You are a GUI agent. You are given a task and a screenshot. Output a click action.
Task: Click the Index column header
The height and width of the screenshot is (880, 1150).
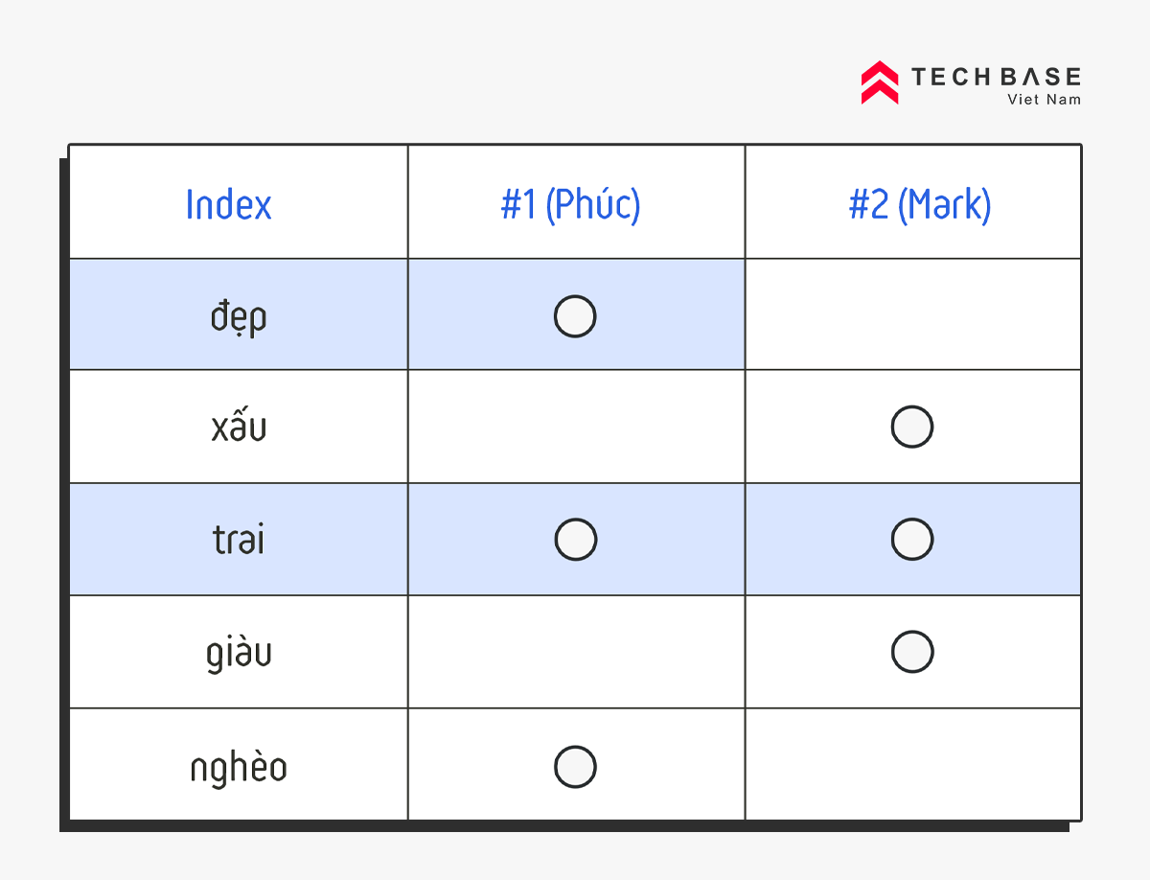228,204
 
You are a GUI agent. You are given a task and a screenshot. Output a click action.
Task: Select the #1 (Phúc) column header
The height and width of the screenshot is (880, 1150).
570,204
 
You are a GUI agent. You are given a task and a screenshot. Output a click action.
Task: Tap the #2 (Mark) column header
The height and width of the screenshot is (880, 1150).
920,204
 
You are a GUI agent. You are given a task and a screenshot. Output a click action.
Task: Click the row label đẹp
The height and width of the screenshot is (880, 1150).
239,317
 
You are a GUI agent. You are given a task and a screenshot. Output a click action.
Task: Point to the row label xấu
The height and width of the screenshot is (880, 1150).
239,424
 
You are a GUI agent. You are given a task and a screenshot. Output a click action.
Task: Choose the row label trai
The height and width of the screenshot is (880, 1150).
239,539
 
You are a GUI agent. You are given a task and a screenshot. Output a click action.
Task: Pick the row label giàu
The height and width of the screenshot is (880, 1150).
239,653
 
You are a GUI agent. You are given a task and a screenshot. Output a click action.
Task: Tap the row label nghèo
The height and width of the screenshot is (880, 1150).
239,768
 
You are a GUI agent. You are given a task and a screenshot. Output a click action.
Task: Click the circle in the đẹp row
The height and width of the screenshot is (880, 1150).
575,295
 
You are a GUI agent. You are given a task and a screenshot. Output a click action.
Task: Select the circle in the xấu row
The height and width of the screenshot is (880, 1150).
912,405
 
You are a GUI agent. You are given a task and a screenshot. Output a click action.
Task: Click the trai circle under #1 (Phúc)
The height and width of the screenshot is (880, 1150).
575,519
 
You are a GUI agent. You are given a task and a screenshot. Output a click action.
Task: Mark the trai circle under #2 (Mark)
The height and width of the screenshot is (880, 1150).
912,519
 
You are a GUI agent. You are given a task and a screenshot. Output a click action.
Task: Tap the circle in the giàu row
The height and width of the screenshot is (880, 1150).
912,631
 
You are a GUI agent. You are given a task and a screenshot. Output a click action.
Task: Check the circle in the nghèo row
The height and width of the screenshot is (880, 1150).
575,746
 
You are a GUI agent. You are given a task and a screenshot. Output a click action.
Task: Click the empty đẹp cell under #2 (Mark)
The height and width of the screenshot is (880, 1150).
912,314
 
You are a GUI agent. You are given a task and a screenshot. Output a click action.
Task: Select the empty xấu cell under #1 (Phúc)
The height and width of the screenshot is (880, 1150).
576,427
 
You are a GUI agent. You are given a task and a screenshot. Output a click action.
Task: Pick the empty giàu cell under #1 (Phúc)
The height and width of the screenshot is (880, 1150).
576,652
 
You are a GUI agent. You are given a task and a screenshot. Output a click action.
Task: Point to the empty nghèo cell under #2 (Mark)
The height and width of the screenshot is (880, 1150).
912,764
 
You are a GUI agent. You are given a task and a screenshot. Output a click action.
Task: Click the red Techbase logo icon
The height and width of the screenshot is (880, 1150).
880,82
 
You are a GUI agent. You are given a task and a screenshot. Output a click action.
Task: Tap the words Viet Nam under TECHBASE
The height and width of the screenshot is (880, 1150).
1045,100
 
